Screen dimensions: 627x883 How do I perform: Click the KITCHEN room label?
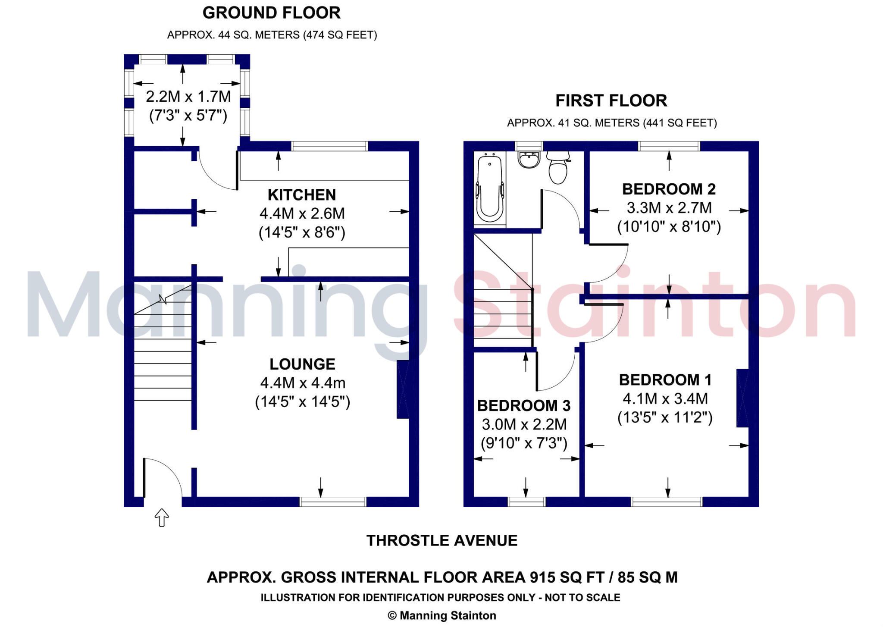pos(302,195)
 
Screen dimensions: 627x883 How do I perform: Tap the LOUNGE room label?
pos(302,364)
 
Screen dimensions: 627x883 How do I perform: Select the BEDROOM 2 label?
pos(669,189)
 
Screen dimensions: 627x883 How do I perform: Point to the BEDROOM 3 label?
pos(524,406)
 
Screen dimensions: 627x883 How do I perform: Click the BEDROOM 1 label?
pos(665,380)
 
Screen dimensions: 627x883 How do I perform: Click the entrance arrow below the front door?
pos(162,517)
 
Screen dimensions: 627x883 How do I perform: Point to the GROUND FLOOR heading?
pos(271,13)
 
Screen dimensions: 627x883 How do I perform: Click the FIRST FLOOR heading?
pos(611,101)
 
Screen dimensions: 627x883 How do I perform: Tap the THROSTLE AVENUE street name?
pos(441,541)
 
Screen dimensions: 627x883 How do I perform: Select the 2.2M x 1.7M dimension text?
pos(188,97)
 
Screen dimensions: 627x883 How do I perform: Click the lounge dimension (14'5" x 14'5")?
pos(302,402)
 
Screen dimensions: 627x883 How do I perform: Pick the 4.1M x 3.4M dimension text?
pos(665,399)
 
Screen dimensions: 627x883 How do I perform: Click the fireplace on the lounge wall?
pos(402,389)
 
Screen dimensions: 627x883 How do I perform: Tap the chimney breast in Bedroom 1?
pos(742,398)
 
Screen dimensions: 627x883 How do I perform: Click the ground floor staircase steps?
pos(163,358)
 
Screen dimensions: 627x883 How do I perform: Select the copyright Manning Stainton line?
pos(441,616)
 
